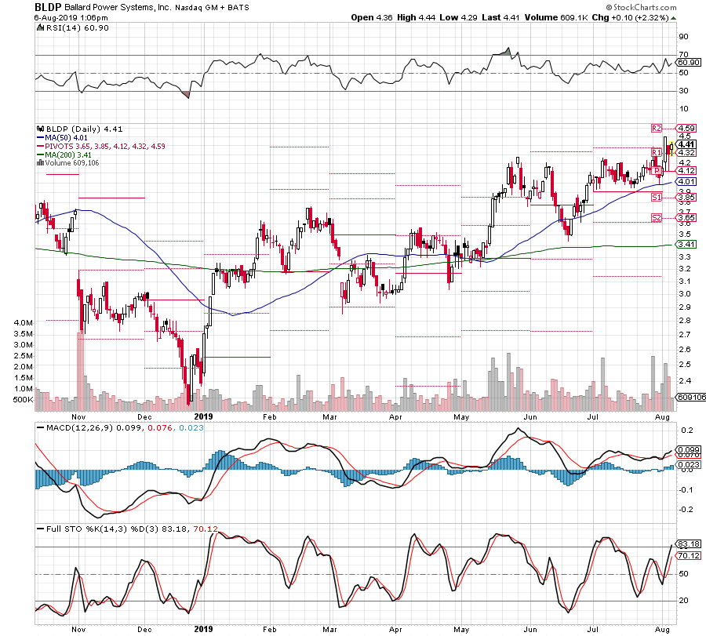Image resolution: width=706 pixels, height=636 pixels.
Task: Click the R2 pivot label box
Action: click(657, 128)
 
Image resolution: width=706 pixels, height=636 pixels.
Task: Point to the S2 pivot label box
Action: click(657, 217)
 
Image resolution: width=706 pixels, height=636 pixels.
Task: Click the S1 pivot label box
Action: click(657, 197)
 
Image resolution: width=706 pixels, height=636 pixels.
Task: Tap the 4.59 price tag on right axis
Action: click(687, 128)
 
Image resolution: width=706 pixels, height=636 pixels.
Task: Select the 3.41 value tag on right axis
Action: click(687, 245)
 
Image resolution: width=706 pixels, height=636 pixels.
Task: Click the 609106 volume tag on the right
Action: click(690, 398)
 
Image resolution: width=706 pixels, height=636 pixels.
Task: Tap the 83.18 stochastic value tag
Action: click(687, 543)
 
